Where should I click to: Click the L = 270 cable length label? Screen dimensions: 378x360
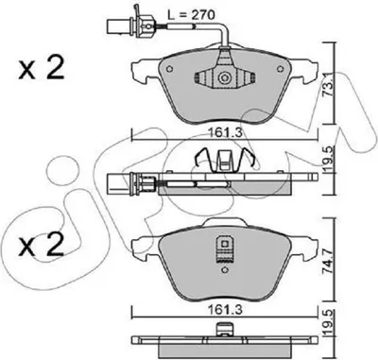tap(191, 15)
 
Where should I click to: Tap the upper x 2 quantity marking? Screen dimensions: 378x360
tap(42, 68)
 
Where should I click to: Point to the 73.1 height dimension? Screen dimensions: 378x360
tap(329, 85)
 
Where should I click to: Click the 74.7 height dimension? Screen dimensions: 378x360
tap(329, 258)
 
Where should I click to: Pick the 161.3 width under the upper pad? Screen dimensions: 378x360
tap(226, 133)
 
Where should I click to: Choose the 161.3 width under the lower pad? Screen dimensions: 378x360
tap(226, 310)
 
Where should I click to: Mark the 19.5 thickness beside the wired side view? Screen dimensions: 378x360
tap(329, 160)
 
